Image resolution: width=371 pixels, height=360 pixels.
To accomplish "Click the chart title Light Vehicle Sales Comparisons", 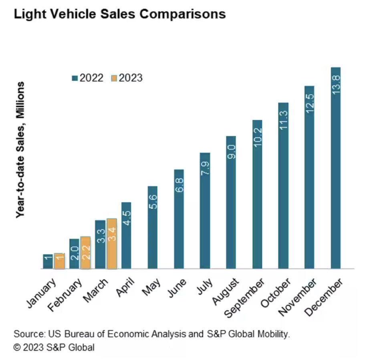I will coord(120,15).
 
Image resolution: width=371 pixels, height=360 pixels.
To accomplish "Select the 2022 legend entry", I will coord(88,78).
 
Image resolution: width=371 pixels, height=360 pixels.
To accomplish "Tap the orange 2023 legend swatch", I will coord(114,78).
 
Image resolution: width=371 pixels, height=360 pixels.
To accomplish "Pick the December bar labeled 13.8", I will coord(335,168).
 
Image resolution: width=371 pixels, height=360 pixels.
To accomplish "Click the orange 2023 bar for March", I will coord(112,244).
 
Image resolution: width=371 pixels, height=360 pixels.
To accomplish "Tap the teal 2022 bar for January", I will coord(48,261).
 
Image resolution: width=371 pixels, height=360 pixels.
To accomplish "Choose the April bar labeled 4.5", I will coord(126,235).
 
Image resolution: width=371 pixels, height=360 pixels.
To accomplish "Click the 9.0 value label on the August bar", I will coord(231,154).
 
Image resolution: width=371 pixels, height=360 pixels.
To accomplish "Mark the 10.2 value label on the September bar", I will coord(257,136).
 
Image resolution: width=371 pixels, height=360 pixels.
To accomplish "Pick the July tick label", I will coord(205,286).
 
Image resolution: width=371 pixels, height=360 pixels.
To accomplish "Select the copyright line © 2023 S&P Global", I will coord(54,347).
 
